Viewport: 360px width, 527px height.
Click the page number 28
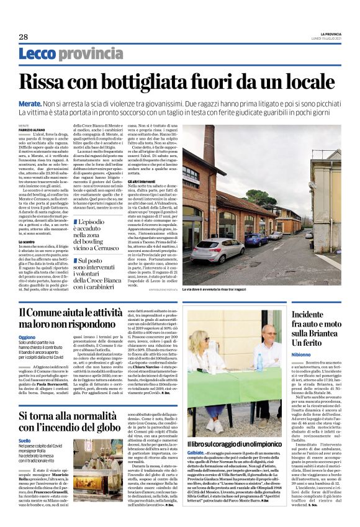pos(23,37)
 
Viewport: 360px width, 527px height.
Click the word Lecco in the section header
pos(38,54)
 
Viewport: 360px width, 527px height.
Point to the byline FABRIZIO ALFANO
pos(30,128)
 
